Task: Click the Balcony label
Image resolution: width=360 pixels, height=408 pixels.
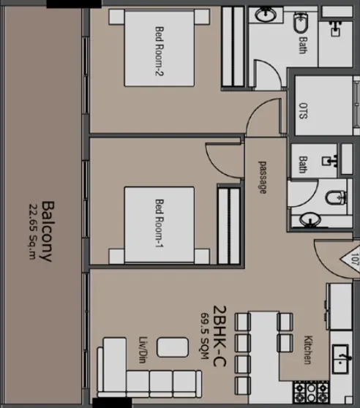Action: [x=48, y=231]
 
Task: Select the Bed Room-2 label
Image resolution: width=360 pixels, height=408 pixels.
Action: [x=160, y=51]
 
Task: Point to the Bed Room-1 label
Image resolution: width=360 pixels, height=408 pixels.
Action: [x=160, y=223]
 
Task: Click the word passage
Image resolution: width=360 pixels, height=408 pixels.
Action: [x=263, y=178]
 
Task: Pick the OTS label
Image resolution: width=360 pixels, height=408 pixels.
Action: [x=303, y=111]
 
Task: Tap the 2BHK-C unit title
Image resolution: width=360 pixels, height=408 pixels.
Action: [x=220, y=336]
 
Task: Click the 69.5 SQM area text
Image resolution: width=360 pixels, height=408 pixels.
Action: [x=205, y=336]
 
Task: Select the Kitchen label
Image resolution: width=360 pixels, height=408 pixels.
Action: [x=308, y=350]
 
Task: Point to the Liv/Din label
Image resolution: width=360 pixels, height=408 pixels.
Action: [x=143, y=350]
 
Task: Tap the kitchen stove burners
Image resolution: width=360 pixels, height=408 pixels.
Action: [x=311, y=393]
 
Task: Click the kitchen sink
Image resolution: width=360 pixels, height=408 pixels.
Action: [x=341, y=358]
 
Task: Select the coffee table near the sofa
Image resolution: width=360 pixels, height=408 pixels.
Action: [x=173, y=347]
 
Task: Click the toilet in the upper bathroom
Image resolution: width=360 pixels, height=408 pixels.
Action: [x=301, y=23]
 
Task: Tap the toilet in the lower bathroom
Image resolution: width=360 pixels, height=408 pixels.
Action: [x=336, y=197]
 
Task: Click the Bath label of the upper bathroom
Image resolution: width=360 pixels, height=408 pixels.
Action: [x=302, y=45]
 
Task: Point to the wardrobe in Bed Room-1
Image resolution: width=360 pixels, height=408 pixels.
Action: [x=229, y=226]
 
